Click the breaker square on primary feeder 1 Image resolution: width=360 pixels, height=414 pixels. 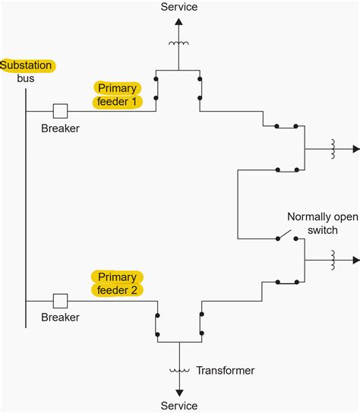click(x=61, y=112)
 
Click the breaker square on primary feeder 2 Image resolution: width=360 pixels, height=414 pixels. click(x=61, y=301)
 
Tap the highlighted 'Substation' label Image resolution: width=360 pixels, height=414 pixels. click(x=27, y=65)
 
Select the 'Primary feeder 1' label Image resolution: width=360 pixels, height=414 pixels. click(x=118, y=94)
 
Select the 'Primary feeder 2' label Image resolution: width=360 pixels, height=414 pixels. click(x=116, y=283)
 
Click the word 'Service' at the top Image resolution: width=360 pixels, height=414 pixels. click(x=179, y=7)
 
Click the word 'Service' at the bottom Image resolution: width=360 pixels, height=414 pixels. click(x=179, y=406)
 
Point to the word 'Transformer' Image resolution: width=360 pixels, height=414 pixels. click(x=226, y=371)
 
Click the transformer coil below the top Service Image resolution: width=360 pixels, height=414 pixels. click(x=179, y=43)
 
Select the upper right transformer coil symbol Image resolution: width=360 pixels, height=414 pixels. click(x=333, y=148)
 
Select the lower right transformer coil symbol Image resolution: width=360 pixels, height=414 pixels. click(x=333, y=259)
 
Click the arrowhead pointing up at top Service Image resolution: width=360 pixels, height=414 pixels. click(x=179, y=23)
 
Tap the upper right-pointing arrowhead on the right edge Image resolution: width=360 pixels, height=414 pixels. click(x=354, y=148)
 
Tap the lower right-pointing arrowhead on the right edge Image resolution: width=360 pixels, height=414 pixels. click(x=354, y=259)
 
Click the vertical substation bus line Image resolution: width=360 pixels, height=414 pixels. click(x=26, y=205)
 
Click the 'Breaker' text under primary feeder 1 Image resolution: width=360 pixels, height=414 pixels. click(x=61, y=128)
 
